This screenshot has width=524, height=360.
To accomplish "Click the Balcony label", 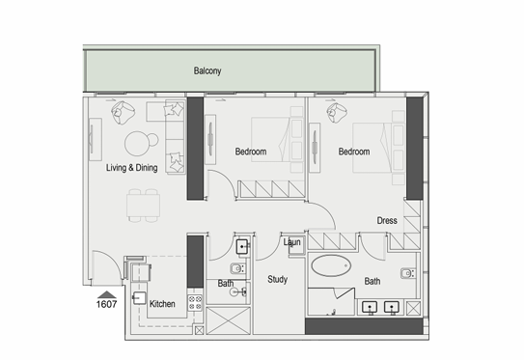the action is tap(207, 70).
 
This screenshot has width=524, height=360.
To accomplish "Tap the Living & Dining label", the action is tap(131, 168).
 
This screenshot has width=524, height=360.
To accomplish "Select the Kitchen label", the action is tap(162, 304).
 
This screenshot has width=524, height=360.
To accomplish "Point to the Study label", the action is tap(277, 280).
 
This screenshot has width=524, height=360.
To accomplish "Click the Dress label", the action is tap(387, 221).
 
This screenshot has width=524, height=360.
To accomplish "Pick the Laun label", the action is tap(292, 242).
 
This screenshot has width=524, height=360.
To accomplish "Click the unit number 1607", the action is tap(106, 304).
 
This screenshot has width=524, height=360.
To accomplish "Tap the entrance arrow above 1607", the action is tap(107, 294).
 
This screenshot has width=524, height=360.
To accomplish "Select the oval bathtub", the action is tap(331, 265).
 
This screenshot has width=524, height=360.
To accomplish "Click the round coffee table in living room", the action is tap(137, 144).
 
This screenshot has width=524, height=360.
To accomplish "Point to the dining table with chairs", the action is tap(144, 206).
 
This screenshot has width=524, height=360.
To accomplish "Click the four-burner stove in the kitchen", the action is tap(195, 302).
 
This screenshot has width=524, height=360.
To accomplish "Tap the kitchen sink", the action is tap(139, 298).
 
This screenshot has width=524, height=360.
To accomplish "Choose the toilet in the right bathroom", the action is tap(408, 273).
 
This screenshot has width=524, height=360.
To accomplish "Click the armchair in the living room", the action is tap(123, 112).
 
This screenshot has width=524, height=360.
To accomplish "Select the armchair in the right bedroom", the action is tap(337, 113).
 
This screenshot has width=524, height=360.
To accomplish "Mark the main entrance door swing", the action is tap(112, 259).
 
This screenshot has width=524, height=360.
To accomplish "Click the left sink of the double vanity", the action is tap(370, 307).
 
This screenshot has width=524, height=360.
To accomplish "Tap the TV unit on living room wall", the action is tap(96, 139).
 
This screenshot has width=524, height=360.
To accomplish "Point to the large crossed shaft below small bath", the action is tap(229, 320).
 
